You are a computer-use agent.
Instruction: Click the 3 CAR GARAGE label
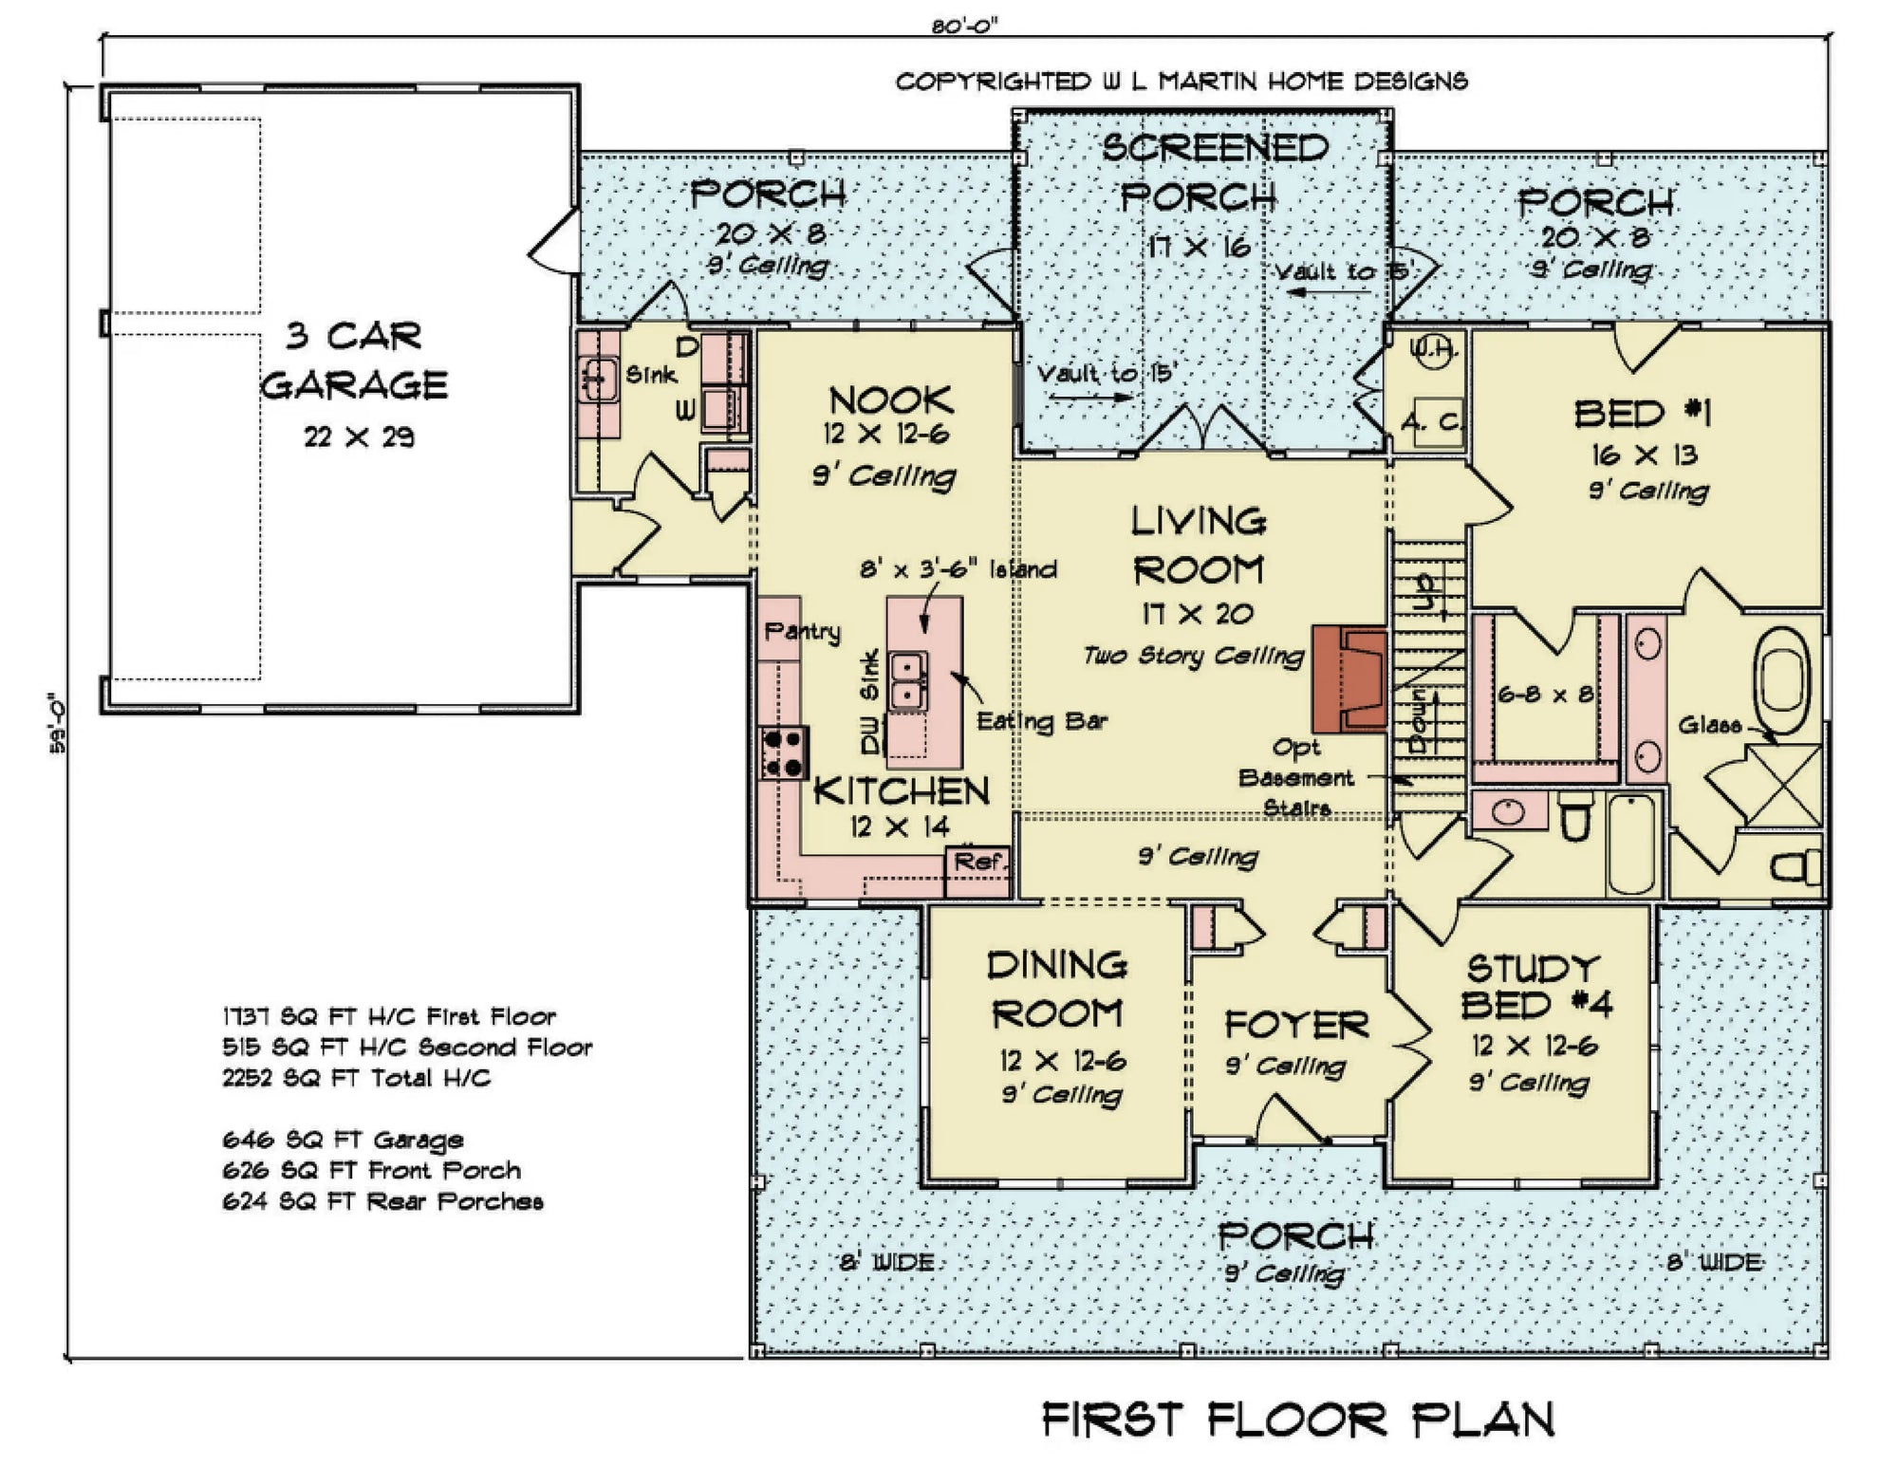pos(353,361)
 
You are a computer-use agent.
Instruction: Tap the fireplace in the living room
pos(1349,677)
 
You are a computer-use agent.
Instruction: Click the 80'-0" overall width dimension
pos(964,27)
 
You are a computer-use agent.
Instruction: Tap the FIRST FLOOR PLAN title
pos(1297,1420)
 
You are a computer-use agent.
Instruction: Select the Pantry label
pos(802,630)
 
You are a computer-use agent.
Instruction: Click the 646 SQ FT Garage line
pos(343,1140)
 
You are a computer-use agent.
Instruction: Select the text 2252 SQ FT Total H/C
pos(356,1078)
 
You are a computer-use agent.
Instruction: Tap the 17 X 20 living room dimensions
pos(1197,614)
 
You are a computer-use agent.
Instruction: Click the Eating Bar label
pos(1041,721)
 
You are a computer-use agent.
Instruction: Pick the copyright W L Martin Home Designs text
pos(1182,82)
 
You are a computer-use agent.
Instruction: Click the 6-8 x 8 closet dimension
pos(1545,695)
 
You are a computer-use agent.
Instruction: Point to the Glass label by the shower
pos(1709,726)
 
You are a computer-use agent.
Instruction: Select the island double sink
pos(908,680)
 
